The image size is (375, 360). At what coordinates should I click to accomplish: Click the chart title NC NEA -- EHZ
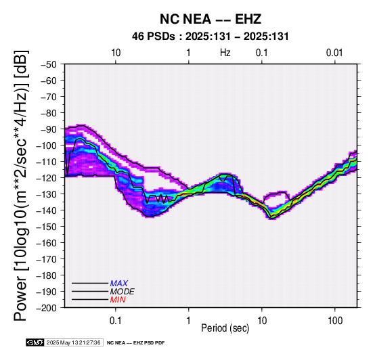coord(211,19)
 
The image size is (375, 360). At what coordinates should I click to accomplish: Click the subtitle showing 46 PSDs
coord(211,37)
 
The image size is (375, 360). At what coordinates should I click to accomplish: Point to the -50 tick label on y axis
coord(49,64)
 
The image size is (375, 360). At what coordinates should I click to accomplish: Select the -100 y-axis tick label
coord(46,145)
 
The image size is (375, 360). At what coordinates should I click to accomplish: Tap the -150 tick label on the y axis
coord(46,227)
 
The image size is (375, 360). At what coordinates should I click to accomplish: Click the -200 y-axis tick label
coord(46,308)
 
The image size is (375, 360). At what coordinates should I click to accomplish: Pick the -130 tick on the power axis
coord(46,194)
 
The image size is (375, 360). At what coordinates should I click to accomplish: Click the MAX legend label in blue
coord(119,284)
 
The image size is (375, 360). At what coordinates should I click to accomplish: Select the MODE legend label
coord(123,292)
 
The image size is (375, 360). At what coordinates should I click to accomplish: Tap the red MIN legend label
coord(118,300)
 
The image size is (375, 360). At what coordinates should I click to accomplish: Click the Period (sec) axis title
coord(225,328)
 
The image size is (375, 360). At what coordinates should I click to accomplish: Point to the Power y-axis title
coord(21,185)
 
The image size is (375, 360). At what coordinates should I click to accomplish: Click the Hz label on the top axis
coord(225,53)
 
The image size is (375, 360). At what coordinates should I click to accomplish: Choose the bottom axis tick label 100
coord(335,321)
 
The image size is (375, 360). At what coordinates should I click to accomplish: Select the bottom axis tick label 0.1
coord(116,321)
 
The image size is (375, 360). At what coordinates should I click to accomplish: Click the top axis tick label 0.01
coord(334,53)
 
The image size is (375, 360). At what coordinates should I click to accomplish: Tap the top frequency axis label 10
coord(116,53)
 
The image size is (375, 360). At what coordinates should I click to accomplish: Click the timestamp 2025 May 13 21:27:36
coord(73,343)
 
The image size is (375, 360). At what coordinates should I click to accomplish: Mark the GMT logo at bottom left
coord(35,342)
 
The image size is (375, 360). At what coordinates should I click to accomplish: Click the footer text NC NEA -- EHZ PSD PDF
coord(136,343)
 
